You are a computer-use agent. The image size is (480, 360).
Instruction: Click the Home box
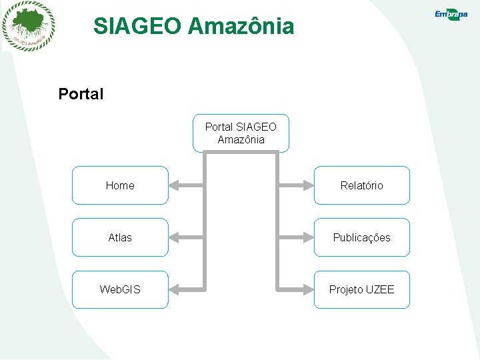[x=120, y=185]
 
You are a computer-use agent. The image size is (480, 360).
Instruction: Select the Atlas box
[x=120, y=237]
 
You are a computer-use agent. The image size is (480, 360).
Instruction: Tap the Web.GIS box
[x=120, y=289]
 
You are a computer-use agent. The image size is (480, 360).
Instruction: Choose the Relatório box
[x=361, y=185]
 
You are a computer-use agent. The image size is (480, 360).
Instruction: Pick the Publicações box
[x=361, y=237]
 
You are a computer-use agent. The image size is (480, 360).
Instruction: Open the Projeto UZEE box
[x=361, y=289]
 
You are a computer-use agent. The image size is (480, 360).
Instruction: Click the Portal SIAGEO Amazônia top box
[x=241, y=133]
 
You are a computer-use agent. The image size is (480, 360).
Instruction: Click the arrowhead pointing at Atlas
[x=175, y=237]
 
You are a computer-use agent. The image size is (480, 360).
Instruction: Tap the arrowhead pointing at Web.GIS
[x=175, y=289]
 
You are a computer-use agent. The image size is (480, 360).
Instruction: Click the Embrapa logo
[x=451, y=15]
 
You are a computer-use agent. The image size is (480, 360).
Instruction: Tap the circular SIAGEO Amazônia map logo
[x=28, y=26]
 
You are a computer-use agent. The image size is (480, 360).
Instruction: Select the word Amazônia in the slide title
[x=241, y=27]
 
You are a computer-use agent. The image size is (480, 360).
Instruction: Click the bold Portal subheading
[x=81, y=94]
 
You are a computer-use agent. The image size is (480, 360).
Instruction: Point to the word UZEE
[x=380, y=289]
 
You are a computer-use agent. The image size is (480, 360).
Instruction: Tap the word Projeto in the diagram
[x=346, y=289]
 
